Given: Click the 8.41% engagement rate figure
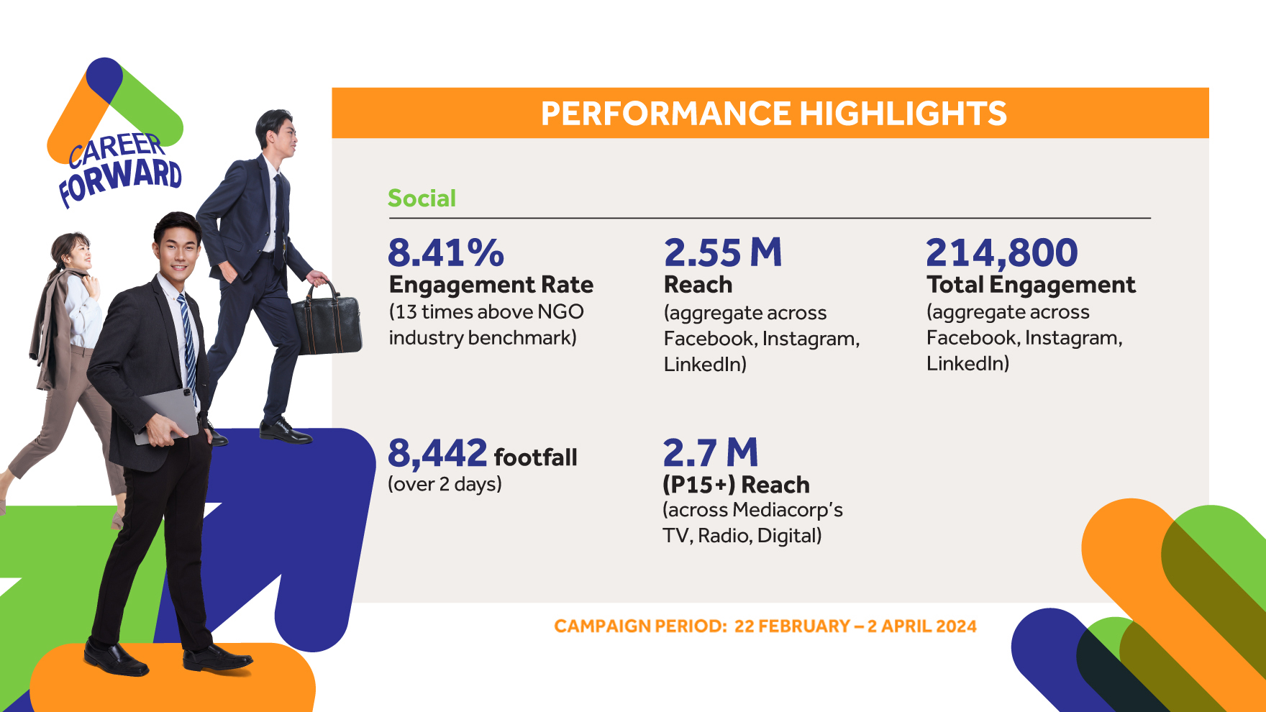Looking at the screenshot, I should click(446, 253).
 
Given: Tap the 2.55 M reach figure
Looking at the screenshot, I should click(722, 253).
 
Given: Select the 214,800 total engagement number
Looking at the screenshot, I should click(1001, 253).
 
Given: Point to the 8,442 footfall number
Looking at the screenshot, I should click(437, 454).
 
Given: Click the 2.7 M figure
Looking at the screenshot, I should click(710, 453).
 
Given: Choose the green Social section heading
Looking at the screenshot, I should click(422, 198).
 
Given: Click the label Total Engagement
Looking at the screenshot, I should click(1031, 285).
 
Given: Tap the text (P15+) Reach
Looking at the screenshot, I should click(736, 485).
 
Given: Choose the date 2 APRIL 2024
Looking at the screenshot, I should click(921, 626).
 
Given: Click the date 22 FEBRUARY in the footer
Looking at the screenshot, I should click(792, 626).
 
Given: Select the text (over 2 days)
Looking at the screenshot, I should click(445, 484).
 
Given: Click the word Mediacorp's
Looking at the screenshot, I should click(788, 510).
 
